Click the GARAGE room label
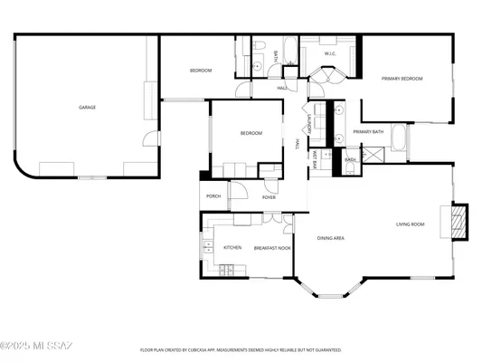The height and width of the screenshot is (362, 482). click(87, 108)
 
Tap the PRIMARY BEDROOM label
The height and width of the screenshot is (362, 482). click(402, 80)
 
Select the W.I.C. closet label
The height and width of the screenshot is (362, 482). click(330, 53)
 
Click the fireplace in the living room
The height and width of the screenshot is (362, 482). click(458, 222)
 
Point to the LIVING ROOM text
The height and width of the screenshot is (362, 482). click(410, 224)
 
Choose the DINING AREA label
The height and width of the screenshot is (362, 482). click(330, 239)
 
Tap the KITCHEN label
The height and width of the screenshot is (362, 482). click(232, 248)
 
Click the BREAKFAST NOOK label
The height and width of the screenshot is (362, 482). click(271, 248)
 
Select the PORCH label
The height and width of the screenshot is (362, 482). click(213, 196)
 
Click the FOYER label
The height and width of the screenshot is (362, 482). click(269, 197)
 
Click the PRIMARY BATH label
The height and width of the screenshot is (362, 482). click(368, 132)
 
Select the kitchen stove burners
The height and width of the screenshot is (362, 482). click(226, 268)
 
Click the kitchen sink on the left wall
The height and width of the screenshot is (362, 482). click(206, 244)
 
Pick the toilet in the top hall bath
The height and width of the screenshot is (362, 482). click(258, 45)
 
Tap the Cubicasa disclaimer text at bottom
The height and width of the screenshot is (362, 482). click(241, 348)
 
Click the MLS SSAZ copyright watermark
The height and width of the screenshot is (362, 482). click(38, 345)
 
